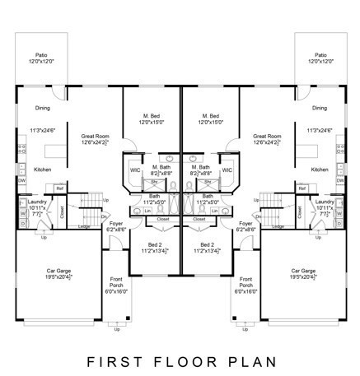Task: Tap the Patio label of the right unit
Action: [x=320, y=54]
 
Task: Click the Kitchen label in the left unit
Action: [x=43, y=169]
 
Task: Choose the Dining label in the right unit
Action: [x=320, y=108]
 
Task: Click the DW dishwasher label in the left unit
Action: [x=21, y=180]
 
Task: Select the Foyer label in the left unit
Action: [x=116, y=223]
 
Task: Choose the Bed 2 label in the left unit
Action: [x=155, y=244]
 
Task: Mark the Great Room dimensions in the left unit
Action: [x=96, y=142]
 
